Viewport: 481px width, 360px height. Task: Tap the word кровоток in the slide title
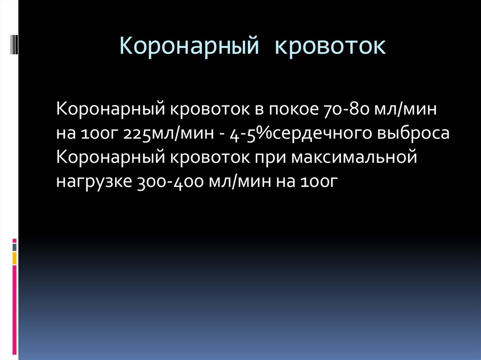(x=330, y=47)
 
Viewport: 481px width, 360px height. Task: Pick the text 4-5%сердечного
(x=301, y=134)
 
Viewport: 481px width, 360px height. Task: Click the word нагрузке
(x=93, y=181)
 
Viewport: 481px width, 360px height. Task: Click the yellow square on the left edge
(x=15, y=258)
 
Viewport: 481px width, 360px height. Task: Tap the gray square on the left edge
(x=15, y=247)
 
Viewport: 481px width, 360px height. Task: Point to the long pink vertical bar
(x=15, y=310)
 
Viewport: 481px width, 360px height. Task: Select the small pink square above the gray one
(x=15, y=240)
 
